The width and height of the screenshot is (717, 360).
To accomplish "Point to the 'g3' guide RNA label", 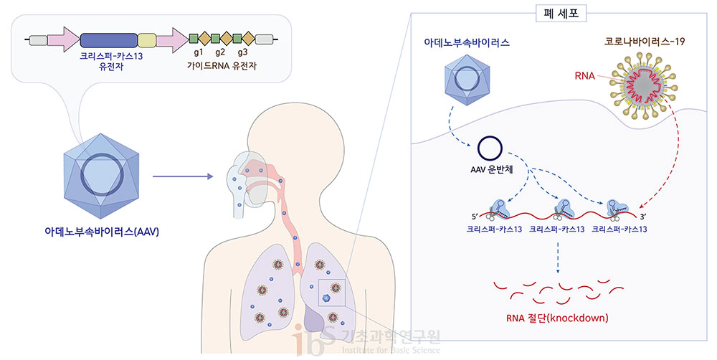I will pyautogui.click(x=243, y=53).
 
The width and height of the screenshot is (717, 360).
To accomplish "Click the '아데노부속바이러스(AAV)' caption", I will pyautogui.click(x=101, y=232).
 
